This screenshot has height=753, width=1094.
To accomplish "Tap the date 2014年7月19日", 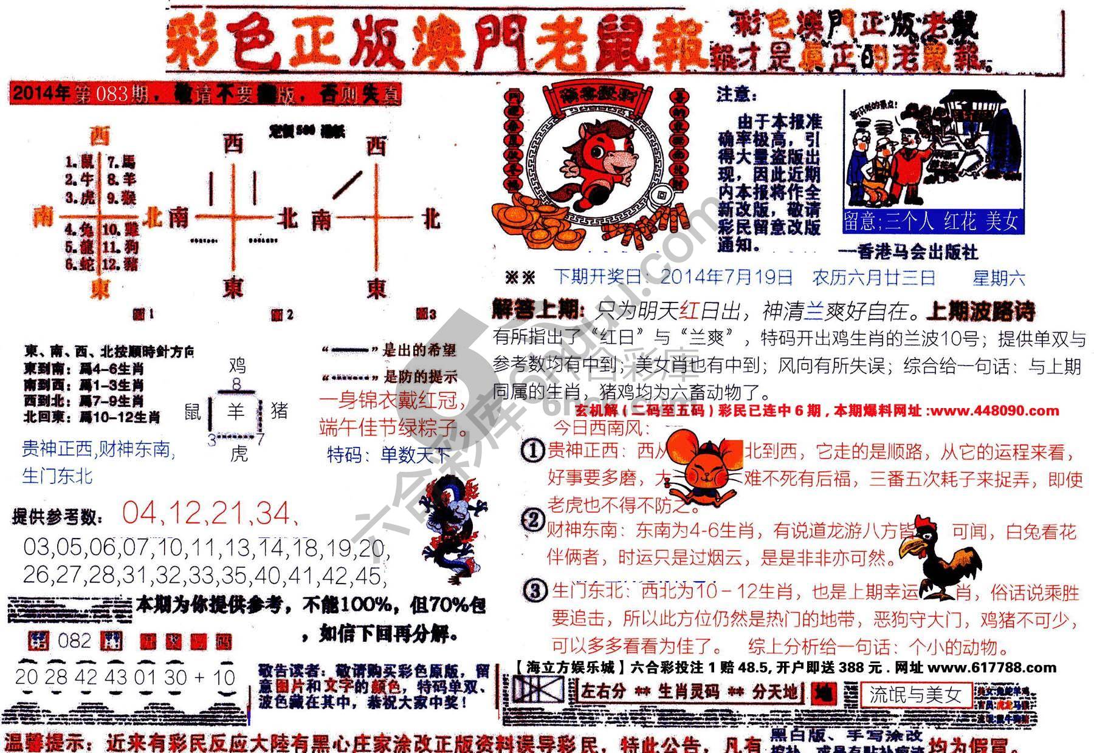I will coord(726,278).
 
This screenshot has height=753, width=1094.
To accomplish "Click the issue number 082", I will coord(74,641).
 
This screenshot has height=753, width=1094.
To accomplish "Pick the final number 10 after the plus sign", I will coord(224,677).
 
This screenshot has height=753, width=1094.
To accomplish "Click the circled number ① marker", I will coord(533,451).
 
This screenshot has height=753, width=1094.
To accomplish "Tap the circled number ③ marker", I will coord(535,590).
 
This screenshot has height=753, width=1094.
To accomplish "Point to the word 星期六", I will coord(998,278).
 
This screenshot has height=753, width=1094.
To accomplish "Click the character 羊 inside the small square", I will coord(235,412).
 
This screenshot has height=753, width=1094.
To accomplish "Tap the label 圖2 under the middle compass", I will coord(282,315).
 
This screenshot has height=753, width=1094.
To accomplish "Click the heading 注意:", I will coord(737,95).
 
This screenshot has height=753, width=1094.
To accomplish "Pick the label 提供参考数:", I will coord(58,517).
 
